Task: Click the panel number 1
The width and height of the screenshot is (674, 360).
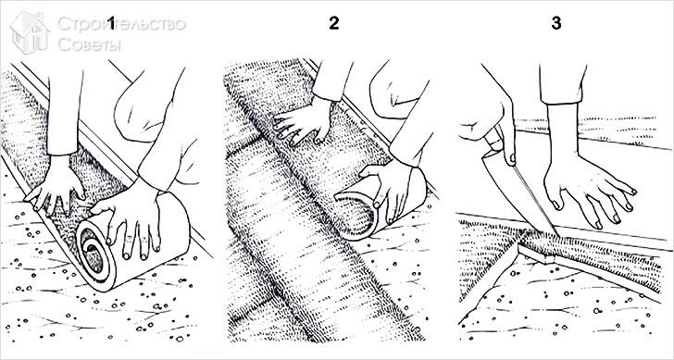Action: pyautogui.click(x=112, y=24)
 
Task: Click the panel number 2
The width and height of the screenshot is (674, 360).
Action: pyautogui.click(x=334, y=23)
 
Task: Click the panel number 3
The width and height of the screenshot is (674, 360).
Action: pyautogui.click(x=556, y=23)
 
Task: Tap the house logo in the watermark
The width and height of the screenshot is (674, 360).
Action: pyautogui.click(x=30, y=32)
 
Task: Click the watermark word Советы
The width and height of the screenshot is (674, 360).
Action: pyautogui.click(x=90, y=44)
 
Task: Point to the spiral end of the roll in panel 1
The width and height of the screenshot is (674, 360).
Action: pyautogui.click(x=92, y=248)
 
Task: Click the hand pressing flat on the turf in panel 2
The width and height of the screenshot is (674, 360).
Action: pyautogui.click(x=302, y=120)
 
